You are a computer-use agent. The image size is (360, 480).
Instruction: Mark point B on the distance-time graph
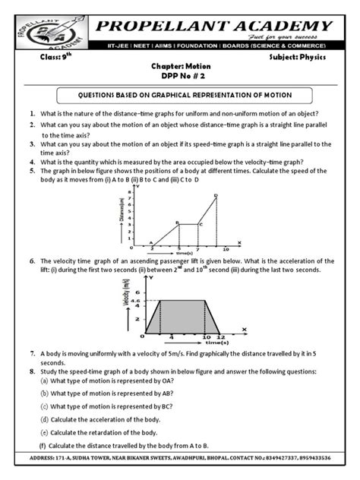(x=177, y=223)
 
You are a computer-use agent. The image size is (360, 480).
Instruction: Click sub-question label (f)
(x=43, y=445)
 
